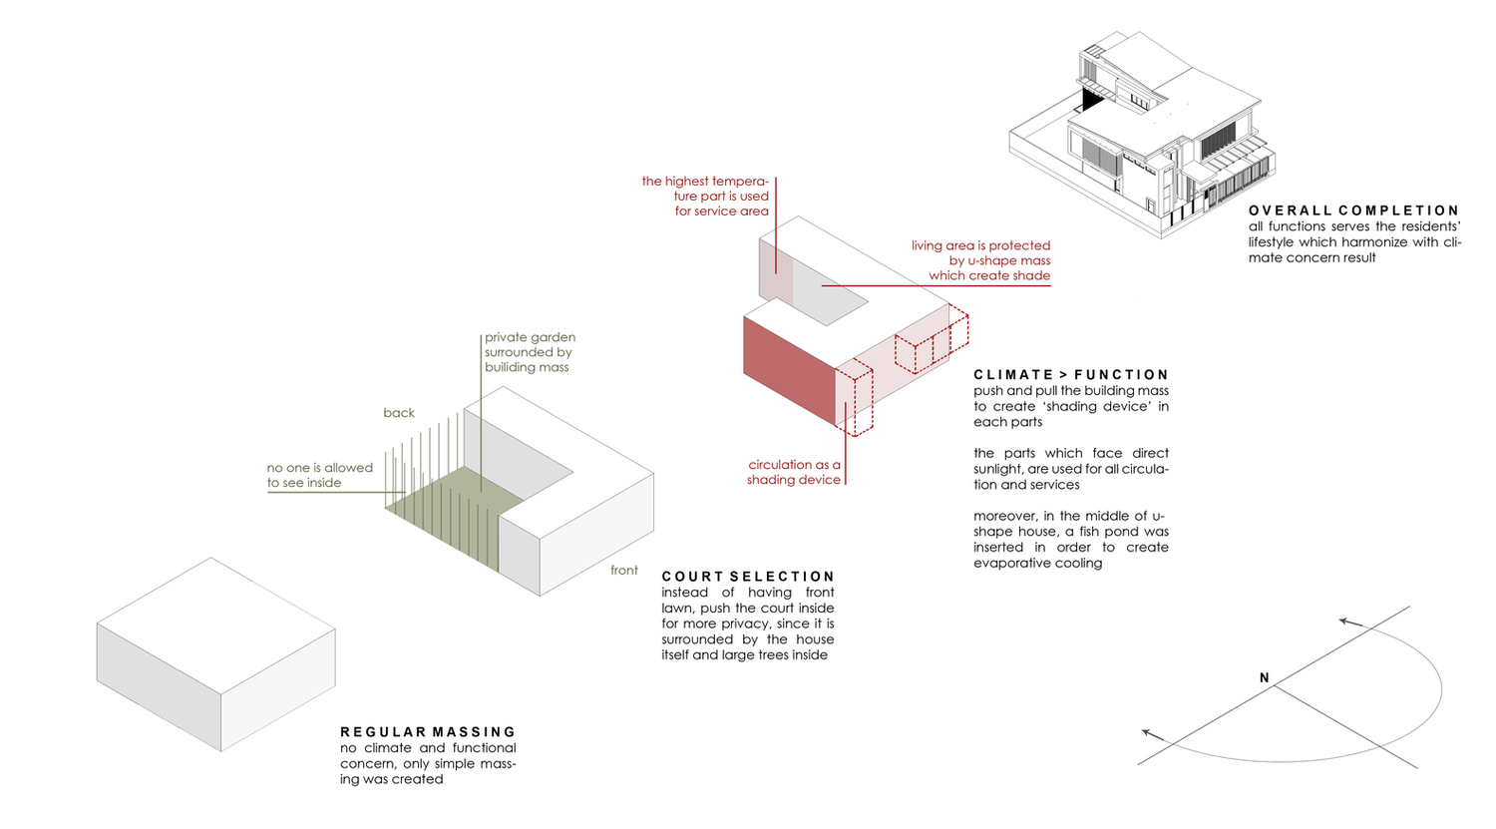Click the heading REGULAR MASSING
pyautogui.click(x=428, y=732)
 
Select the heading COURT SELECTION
pyautogui.click(x=748, y=577)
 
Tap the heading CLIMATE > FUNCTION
pyautogui.click(x=1071, y=375)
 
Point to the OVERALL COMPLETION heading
pyautogui.click(x=1353, y=210)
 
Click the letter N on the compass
pyautogui.click(x=1264, y=678)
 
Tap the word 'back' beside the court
pyautogui.click(x=399, y=413)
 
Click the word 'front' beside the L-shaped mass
pyautogui.click(x=624, y=571)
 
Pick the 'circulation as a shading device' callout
pyautogui.click(x=795, y=472)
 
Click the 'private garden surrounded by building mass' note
pyautogui.click(x=529, y=352)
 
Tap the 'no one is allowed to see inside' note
pyautogui.click(x=319, y=475)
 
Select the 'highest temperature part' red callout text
pyautogui.click(x=706, y=196)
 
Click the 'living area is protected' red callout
pyautogui.click(x=981, y=260)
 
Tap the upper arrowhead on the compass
pyautogui.click(x=1347, y=622)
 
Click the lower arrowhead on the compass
pyautogui.click(x=1151, y=734)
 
